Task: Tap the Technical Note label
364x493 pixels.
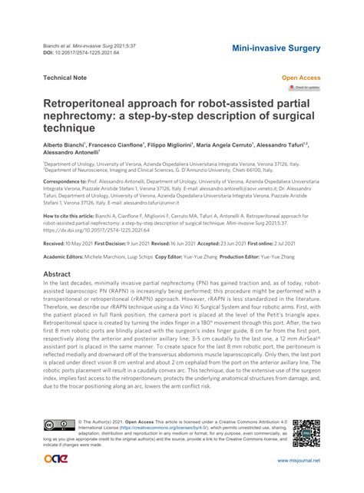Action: coord(65,78)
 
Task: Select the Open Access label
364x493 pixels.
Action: coord(301,78)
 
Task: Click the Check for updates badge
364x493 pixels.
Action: coord(304,88)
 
